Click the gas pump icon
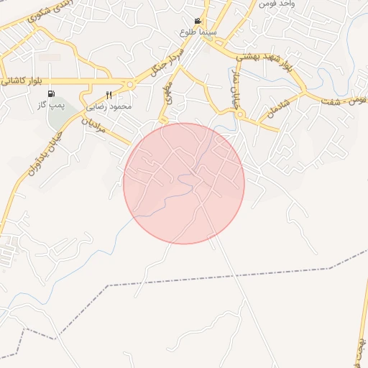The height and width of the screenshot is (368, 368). [x=50, y=93]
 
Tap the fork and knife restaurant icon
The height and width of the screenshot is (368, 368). [x=109, y=95]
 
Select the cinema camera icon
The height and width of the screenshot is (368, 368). [x=198, y=22]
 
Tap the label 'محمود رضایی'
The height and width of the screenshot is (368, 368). [x=110, y=106]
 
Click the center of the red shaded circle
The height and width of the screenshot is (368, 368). [x=184, y=183]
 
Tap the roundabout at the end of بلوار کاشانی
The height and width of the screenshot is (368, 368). [x=130, y=86]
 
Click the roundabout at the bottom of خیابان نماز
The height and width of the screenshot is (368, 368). [x=240, y=114]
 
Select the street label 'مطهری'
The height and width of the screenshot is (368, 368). [x=168, y=94]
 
